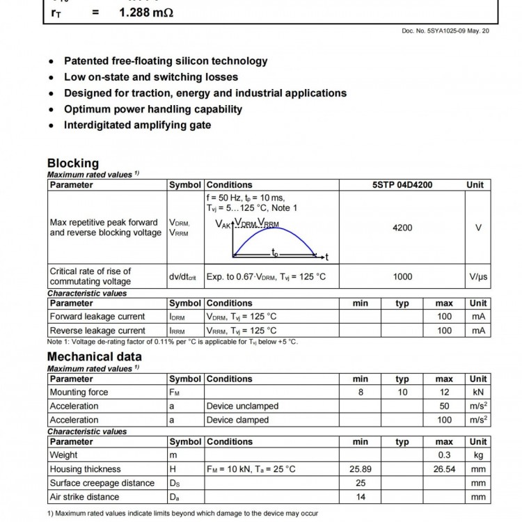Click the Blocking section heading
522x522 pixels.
click(x=73, y=164)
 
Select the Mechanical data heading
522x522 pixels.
click(x=95, y=357)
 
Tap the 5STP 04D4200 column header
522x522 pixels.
click(x=402, y=185)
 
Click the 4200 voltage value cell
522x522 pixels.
click(x=402, y=228)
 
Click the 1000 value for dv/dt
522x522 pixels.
click(x=402, y=276)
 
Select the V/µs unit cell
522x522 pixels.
click(x=478, y=276)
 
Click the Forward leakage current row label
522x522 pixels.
click(x=97, y=317)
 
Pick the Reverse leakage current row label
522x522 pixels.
click(x=97, y=331)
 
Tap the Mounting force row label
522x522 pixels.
click(x=79, y=393)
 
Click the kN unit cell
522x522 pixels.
click(x=478, y=393)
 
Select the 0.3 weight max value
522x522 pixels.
click(x=444, y=455)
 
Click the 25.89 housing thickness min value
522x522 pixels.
click(x=361, y=469)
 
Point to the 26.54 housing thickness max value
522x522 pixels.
click(x=444, y=469)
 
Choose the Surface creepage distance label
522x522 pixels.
click(x=102, y=483)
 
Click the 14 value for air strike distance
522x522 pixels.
click(x=361, y=497)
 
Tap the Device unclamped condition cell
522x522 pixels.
click(x=242, y=406)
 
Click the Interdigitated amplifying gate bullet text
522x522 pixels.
click(x=138, y=125)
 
